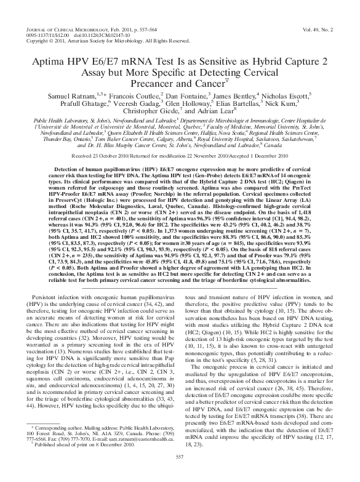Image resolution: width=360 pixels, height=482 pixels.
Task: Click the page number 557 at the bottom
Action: (x=180, y=473)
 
